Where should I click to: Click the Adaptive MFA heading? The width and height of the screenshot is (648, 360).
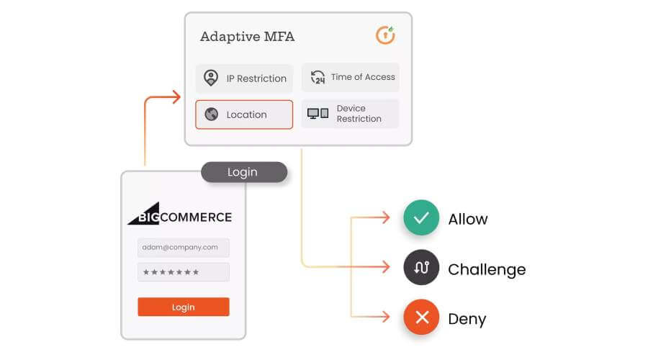[x=247, y=37]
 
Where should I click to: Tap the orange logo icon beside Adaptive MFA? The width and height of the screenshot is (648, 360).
[x=385, y=35]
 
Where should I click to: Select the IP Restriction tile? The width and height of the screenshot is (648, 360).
[x=244, y=78]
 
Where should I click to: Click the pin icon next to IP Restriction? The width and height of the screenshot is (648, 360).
[x=211, y=78]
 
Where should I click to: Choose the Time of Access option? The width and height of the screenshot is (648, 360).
[x=351, y=77]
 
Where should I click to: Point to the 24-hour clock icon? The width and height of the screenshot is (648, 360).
[x=318, y=77]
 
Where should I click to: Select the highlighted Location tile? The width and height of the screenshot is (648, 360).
[x=244, y=114]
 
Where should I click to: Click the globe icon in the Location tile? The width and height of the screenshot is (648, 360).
[x=211, y=114]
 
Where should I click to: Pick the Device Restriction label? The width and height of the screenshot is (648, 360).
[x=359, y=114]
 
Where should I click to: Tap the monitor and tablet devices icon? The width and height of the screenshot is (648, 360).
[x=318, y=113]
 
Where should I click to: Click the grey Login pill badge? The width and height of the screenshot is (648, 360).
[x=244, y=172]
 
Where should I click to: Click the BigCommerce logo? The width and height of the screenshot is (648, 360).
[x=179, y=214]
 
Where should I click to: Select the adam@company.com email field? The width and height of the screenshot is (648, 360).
[x=184, y=247]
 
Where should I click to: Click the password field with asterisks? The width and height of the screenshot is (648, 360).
[x=184, y=272]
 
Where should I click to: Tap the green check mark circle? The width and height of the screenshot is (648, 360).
[x=421, y=217]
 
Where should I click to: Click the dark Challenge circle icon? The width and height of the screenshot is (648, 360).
[x=421, y=267]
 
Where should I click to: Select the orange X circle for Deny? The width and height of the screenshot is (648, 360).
[x=421, y=317]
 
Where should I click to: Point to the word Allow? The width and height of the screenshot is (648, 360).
[x=468, y=219]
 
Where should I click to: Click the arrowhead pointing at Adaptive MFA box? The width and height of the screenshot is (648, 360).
[x=177, y=97]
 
